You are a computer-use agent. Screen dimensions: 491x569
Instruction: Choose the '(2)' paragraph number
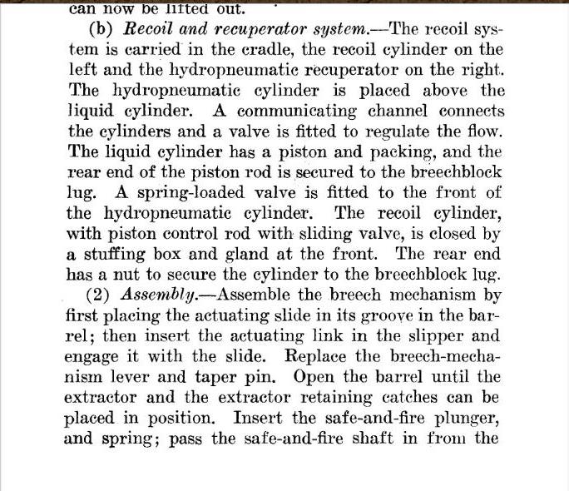(101, 295)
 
